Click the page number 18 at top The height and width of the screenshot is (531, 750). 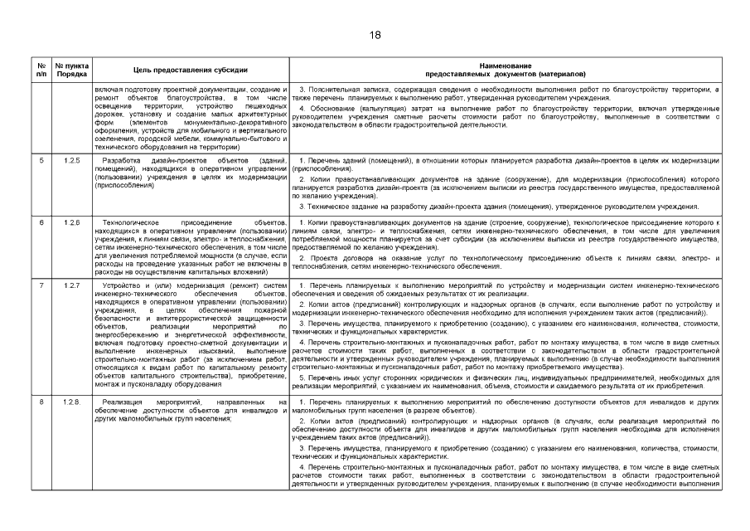click(x=375, y=35)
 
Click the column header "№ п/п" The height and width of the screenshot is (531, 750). click(x=41, y=69)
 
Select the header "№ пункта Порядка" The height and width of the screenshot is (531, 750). click(x=71, y=69)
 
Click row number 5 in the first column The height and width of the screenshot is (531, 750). click(x=41, y=158)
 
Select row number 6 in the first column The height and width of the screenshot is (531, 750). click(x=41, y=222)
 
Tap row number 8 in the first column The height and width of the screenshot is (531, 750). click(x=41, y=402)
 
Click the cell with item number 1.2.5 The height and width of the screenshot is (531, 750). click(x=71, y=158)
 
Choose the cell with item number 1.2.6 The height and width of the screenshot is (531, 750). click(x=71, y=222)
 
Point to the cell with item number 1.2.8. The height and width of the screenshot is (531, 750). click(x=72, y=402)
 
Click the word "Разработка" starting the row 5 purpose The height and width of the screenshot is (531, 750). click(x=121, y=158)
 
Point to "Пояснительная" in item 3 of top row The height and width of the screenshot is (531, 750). click(x=331, y=89)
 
